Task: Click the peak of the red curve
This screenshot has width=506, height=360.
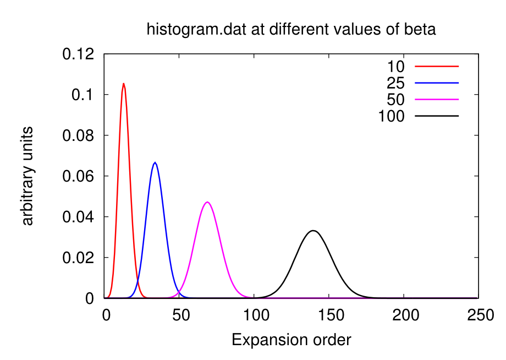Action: [123, 84]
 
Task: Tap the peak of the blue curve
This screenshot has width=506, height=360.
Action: [155, 162]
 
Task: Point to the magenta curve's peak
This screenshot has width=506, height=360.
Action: [207, 202]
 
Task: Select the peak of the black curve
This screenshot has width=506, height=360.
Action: [313, 231]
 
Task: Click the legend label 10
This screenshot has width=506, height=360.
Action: [395, 67]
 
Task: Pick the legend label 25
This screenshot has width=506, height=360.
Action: [395, 83]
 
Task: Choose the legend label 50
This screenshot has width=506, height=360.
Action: [395, 100]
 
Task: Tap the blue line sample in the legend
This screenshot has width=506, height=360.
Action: [437, 83]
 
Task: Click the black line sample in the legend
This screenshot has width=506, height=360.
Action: [437, 116]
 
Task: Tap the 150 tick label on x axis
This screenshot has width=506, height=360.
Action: [329, 315]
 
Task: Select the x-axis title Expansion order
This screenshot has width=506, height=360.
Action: [291, 340]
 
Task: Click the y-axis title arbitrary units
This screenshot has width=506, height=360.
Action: [28, 176]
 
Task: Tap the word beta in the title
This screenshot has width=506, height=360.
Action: [421, 29]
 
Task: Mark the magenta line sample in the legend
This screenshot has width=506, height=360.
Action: [437, 100]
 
